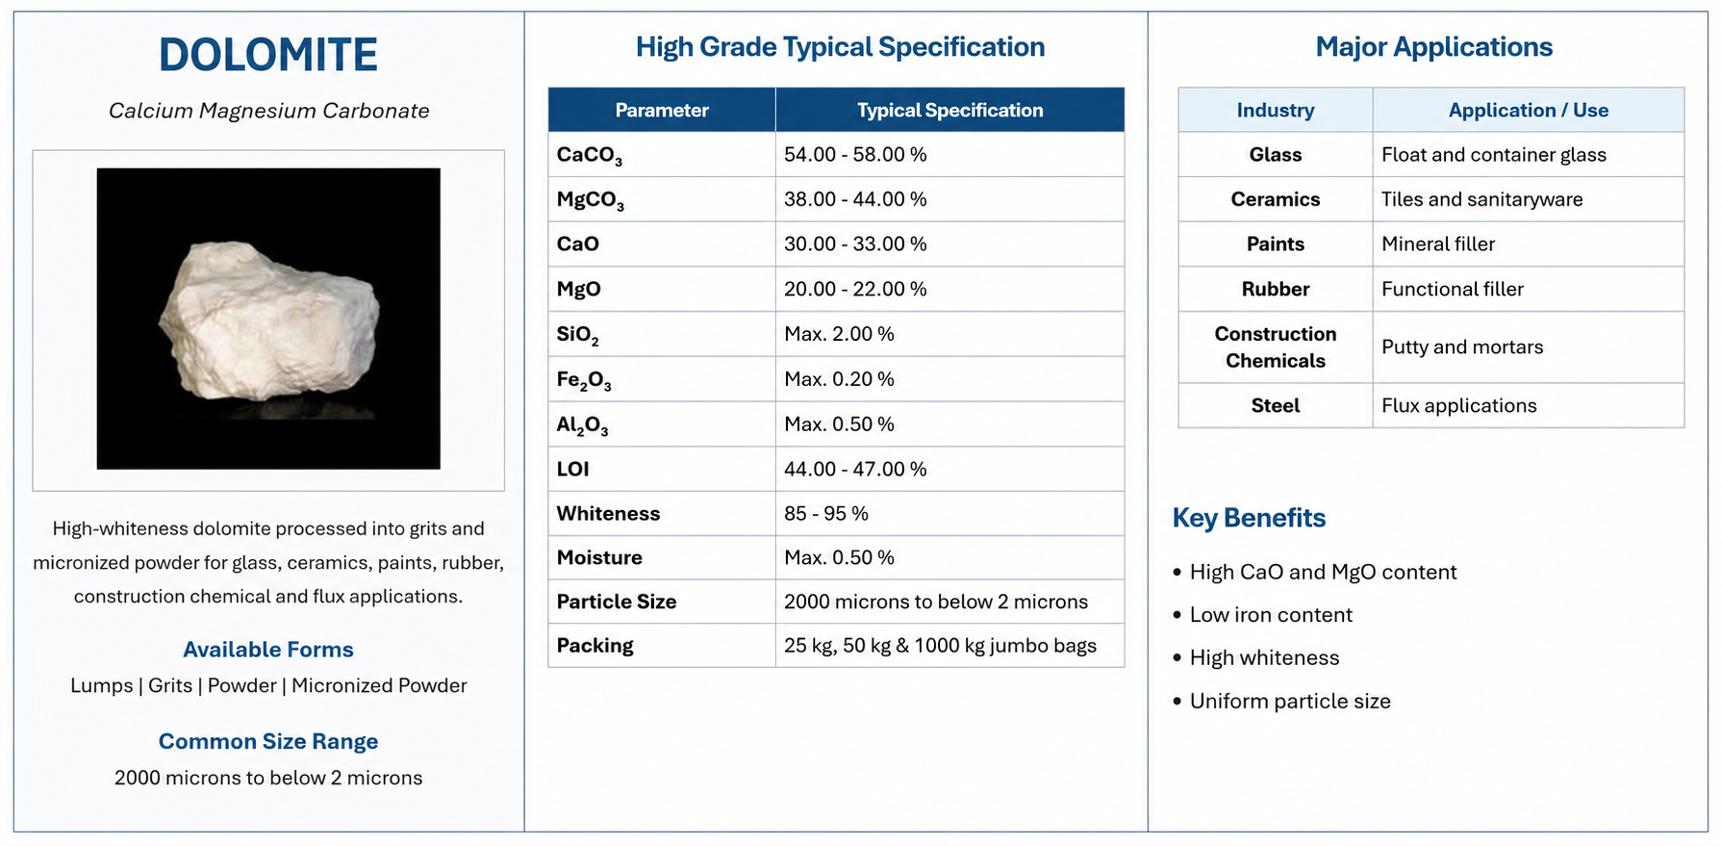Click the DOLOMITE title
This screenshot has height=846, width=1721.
coord(268,55)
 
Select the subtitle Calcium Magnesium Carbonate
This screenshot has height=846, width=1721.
coord(268,111)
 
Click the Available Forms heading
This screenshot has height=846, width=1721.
coord(268,650)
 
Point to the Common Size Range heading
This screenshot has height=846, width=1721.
coord(268,741)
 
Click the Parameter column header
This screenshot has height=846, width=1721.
coord(662,110)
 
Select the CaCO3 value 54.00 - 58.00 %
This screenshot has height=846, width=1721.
coord(855,154)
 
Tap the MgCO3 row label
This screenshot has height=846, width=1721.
coord(591,200)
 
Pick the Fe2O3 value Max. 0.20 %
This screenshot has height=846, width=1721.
coord(839,379)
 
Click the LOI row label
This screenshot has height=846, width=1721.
coord(572,469)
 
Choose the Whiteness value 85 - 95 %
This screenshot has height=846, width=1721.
coord(826,513)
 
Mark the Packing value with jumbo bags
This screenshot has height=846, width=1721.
coord(940,645)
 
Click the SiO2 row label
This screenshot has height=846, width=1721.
coord(577,335)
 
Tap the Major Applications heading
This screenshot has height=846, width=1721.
coord(1433,47)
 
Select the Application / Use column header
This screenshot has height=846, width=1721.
coord(1529,110)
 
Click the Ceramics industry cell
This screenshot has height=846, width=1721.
coord(1276,199)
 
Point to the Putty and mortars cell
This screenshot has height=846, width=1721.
coord(1462,346)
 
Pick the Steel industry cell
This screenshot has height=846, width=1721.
coord(1276,405)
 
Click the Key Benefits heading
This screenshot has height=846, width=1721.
coord(1249,518)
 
